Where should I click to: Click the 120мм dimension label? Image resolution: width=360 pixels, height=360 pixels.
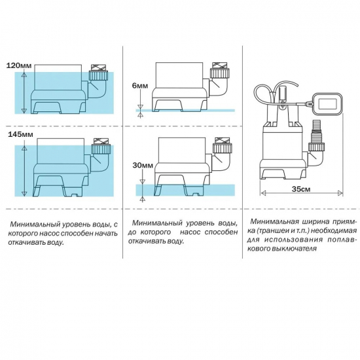click(18, 65)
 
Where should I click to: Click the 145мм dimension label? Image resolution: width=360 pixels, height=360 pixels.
click(20, 134)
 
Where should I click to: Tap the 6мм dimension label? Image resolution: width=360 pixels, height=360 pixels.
click(140, 86)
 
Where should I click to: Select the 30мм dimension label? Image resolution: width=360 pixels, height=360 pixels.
click(143, 166)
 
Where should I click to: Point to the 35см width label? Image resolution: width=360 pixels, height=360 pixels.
click(301, 189)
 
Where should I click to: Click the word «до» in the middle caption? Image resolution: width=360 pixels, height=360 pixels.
click(133, 232)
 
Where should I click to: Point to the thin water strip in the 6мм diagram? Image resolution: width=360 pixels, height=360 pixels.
click(185, 111)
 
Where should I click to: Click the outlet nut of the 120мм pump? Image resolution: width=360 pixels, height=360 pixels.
click(98, 76)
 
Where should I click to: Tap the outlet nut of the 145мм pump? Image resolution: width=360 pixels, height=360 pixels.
click(101, 149)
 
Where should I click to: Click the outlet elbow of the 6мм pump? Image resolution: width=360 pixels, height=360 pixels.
click(219, 87)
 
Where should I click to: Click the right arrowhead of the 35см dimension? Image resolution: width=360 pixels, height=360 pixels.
click(340, 193)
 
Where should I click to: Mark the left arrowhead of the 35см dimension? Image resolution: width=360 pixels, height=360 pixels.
click(263, 193)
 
